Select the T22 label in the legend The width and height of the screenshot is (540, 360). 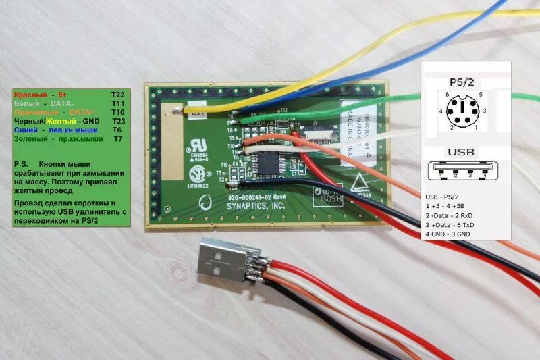118,95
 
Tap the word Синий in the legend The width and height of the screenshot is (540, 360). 25,129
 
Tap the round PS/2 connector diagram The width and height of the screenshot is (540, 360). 466,110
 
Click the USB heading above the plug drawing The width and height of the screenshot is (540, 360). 466,151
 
